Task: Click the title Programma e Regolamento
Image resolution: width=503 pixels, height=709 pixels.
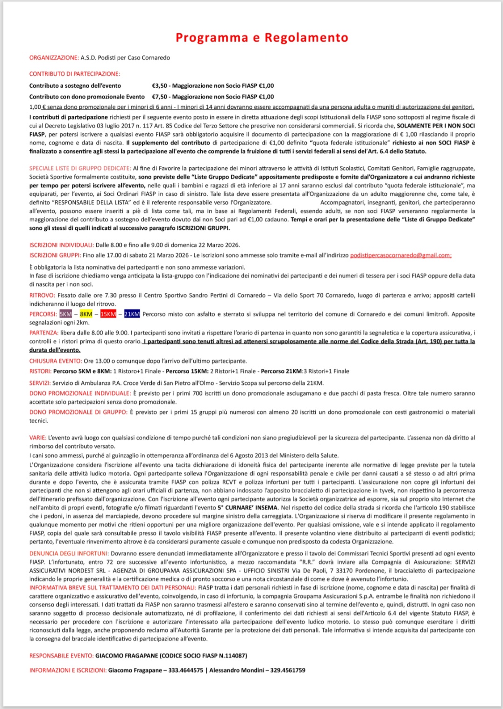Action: [x=262, y=38]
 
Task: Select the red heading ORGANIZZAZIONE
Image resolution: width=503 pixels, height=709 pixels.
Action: [x=54, y=58]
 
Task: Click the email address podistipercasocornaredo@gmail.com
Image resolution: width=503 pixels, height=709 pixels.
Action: [x=400, y=255]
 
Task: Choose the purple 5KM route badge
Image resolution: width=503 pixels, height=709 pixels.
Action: [x=65, y=314]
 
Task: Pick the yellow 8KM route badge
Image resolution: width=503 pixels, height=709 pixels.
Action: [x=86, y=314]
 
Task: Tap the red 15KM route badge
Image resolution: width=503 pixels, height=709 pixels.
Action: [x=108, y=314]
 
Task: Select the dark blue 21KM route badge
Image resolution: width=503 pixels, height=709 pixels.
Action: [x=132, y=314]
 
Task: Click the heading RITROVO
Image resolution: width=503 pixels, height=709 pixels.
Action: [x=42, y=296]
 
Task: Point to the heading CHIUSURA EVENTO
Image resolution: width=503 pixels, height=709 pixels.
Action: [x=56, y=361]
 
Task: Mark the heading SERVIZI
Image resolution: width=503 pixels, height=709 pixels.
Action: [x=40, y=383]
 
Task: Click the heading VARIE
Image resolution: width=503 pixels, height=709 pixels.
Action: [x=37, y=438]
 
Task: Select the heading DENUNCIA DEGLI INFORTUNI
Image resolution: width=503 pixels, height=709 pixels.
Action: [x=69, y=553]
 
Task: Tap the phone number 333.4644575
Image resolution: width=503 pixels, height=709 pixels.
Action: [x=186, y=670]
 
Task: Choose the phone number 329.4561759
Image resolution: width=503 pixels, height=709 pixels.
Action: [x=288, y=670]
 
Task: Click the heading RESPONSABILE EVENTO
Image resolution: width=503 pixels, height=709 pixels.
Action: [x=61, y=656]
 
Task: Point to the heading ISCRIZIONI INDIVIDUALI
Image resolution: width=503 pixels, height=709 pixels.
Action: [x=61, y=245]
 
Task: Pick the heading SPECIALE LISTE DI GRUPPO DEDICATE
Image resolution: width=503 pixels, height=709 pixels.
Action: [x=80, y=169]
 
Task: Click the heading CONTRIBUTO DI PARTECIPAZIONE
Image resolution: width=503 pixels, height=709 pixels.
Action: [x=75, y=74]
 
